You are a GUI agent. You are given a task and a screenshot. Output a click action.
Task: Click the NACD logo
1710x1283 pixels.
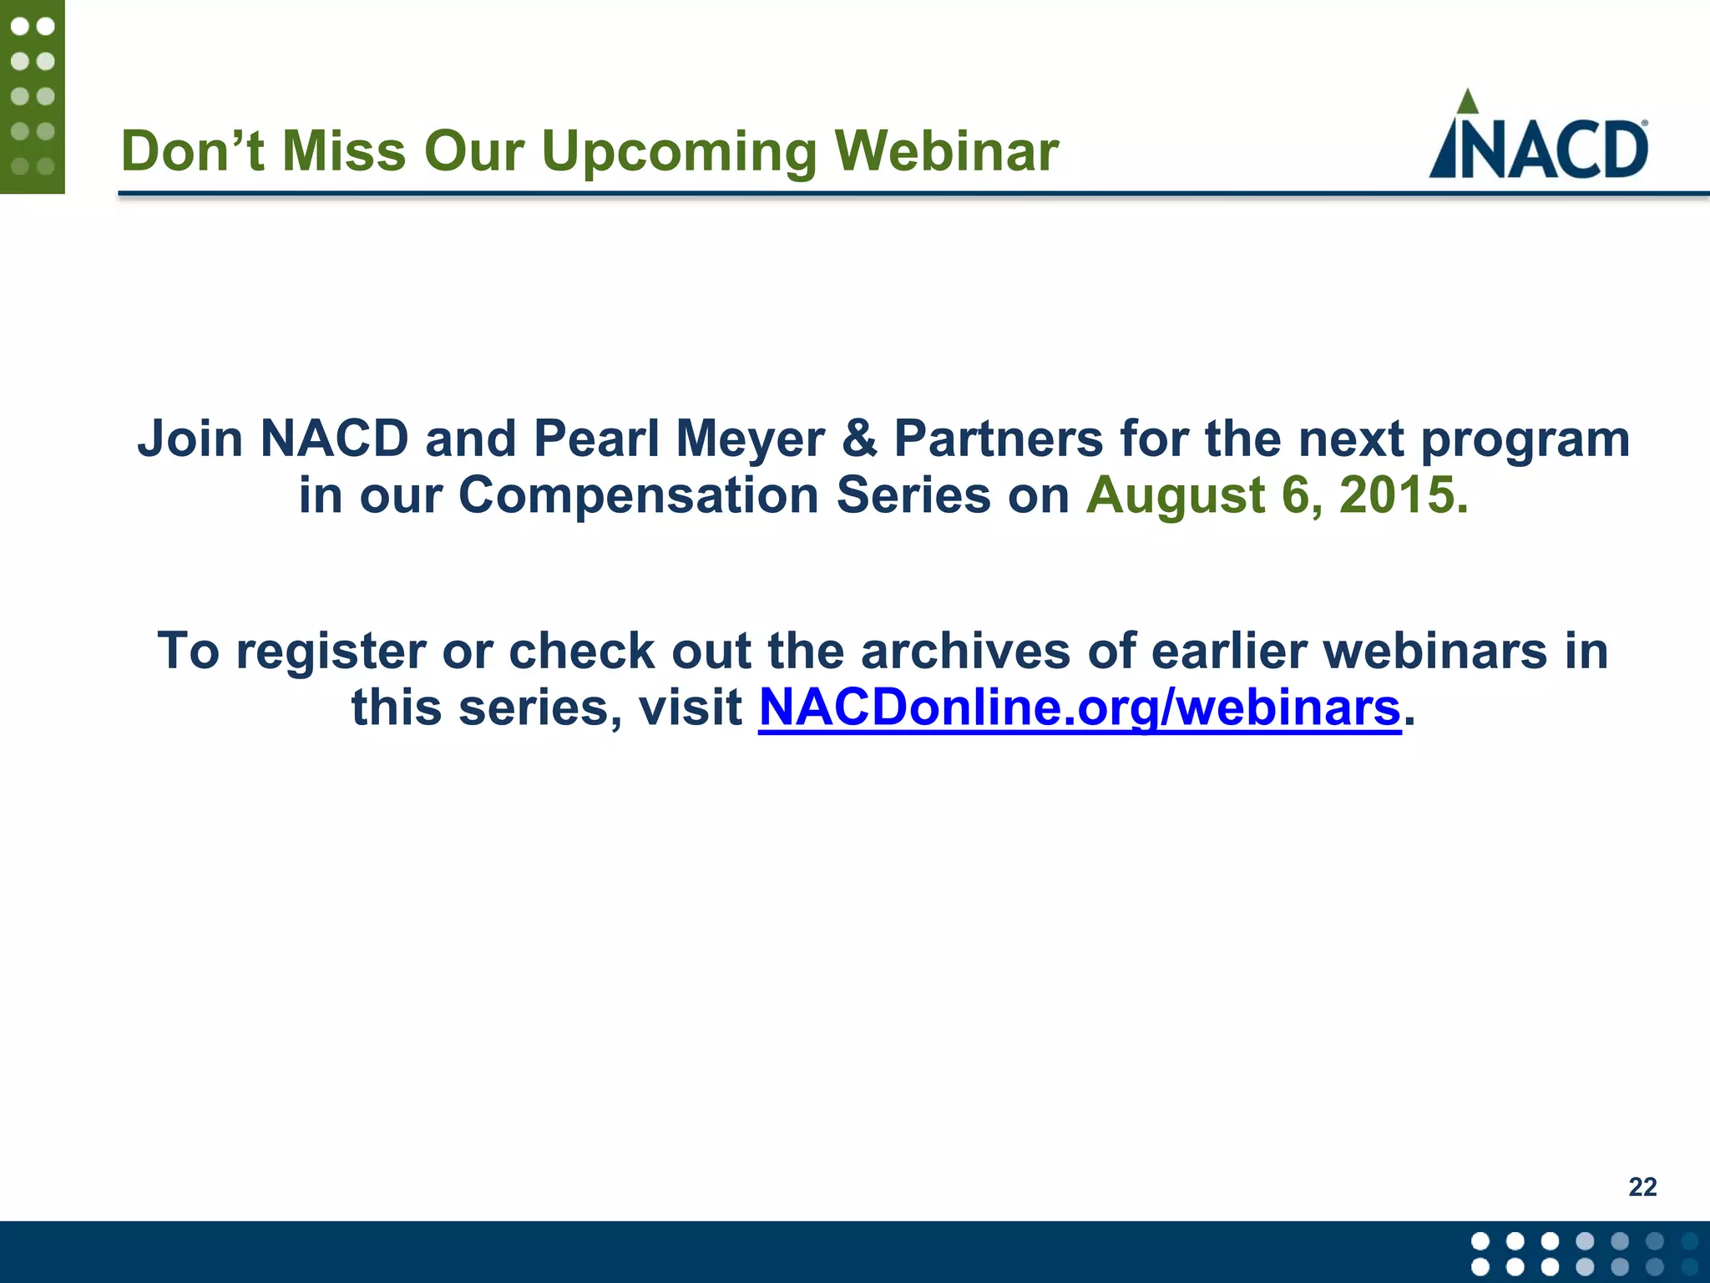coord(1538,138)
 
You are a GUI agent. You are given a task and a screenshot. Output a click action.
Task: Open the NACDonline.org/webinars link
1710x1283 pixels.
coord(1079,708)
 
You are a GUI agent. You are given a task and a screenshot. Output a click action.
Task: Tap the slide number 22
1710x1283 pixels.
coord(1642,1187)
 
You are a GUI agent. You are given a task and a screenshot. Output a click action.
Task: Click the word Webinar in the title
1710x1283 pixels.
coord(947,152)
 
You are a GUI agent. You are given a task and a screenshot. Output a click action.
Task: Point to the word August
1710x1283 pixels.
coord(1175,495)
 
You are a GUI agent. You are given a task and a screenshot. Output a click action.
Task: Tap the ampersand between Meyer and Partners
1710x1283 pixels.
coord(859,439)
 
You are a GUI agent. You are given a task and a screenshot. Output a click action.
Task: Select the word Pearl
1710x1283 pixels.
coord(596,439)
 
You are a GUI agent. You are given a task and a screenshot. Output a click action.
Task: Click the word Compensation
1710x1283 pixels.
coord(639,495)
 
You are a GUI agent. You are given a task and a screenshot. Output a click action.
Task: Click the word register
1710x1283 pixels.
coord(331,652)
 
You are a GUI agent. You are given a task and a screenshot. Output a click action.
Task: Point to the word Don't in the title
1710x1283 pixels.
coord(193,152)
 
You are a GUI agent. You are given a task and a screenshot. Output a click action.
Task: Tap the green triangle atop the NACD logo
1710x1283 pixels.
coord(1467,103)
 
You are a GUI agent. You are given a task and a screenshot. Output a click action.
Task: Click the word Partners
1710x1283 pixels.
coord(999,439)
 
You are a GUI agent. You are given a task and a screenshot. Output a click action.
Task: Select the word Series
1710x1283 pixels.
coord(913,495)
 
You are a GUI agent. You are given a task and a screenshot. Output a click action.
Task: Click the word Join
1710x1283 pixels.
coord(190,439)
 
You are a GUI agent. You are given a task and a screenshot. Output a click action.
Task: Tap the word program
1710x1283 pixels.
coord(1525,440)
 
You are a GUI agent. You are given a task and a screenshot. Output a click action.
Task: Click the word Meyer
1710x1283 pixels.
coord(750,439)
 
